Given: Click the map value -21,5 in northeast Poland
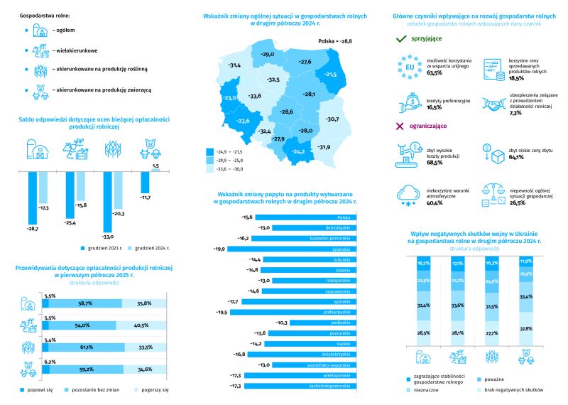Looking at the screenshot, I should click(331, 74).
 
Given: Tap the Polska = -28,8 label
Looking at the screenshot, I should click(335, 42).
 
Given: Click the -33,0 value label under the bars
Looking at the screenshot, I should click(109, 236).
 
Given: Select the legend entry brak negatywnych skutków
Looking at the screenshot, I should click(513, 390).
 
